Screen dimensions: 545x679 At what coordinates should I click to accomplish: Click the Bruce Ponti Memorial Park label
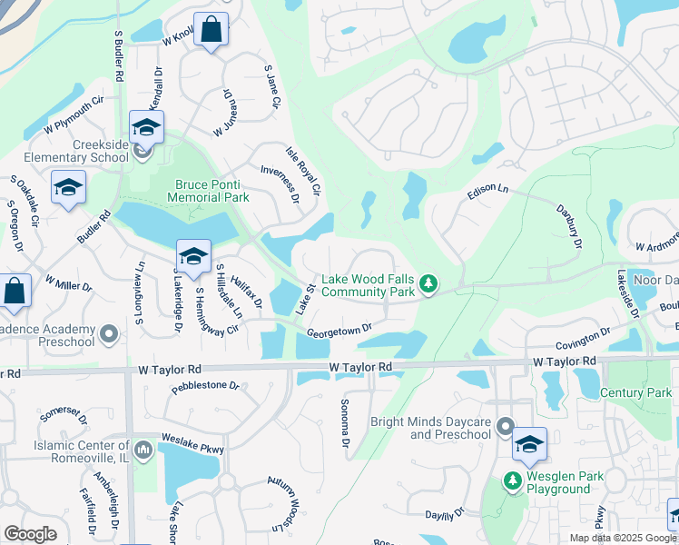tap(211, 190)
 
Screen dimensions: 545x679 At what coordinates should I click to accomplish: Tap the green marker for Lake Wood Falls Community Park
tap(430, 286)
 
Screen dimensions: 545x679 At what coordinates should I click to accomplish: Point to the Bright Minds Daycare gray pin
tap(505, 427)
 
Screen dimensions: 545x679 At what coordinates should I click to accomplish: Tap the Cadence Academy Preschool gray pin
tap(108, 335)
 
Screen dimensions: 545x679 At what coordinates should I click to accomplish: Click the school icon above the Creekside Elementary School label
tap(145, 127)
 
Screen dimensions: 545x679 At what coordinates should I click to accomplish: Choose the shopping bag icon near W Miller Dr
tap(15, 292)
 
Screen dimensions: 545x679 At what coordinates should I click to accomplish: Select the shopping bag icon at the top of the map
tap(212, 30)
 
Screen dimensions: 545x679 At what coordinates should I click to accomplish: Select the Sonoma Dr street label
tap(345, 423)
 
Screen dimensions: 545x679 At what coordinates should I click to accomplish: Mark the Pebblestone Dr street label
tap(205, 386)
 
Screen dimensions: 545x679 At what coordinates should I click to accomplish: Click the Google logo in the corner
tap(30, 534)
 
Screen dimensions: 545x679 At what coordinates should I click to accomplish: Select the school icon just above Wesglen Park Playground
tap(529, 444)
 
